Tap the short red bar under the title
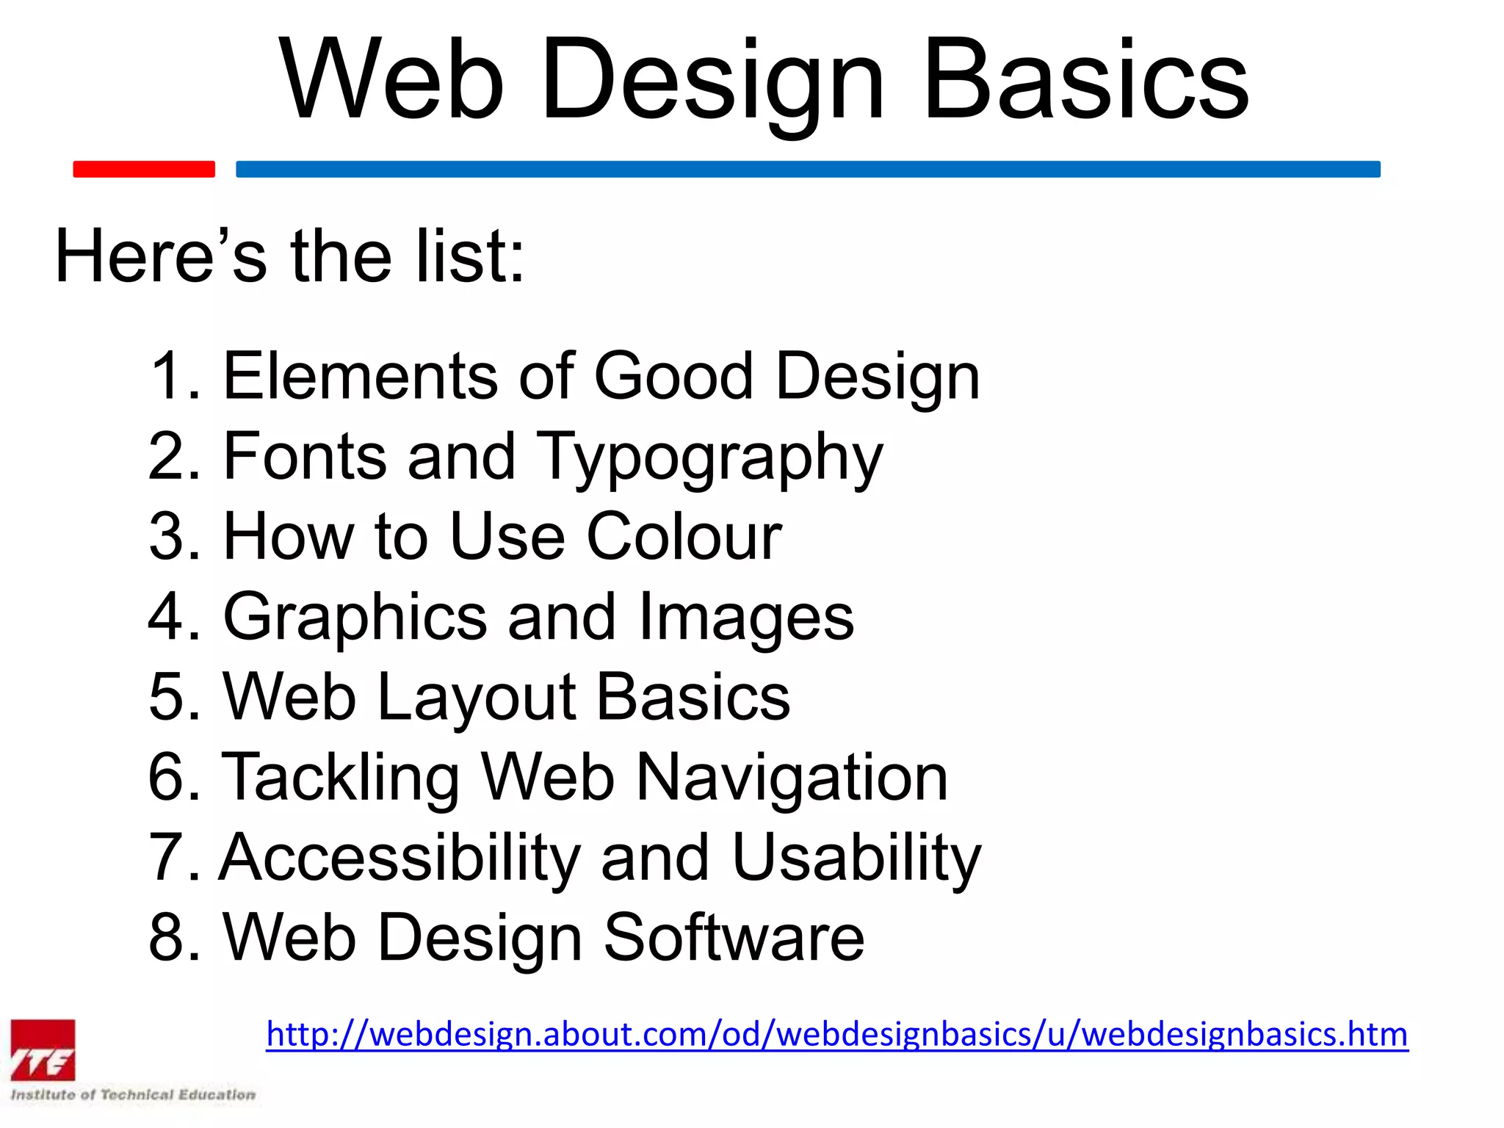144,169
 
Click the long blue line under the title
808,169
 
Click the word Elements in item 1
361,376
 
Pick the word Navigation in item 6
792,777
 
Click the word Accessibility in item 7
400,857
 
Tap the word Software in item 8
734,937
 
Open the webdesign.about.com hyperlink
836,1034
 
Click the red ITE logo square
43,1050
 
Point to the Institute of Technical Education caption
133,1095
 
